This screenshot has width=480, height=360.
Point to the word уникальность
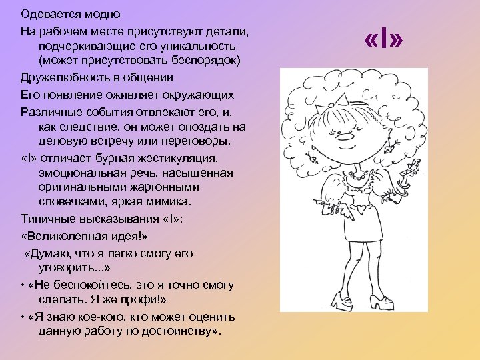(201, 46)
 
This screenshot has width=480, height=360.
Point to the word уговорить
(65, 269)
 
